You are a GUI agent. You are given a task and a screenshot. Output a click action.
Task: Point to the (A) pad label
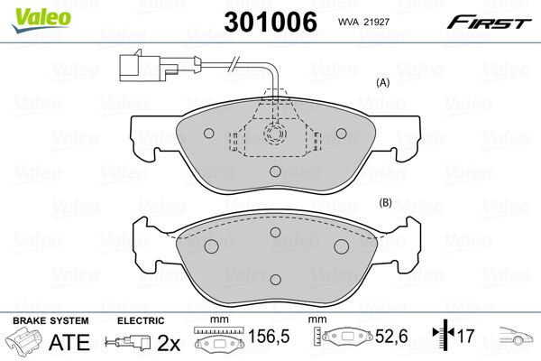coord(381,82)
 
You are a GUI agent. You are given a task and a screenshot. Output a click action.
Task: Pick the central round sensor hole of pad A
coord(274,134)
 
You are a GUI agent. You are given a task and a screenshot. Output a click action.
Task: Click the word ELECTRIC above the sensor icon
coord(141,321)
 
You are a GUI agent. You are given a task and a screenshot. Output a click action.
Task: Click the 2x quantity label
coord(168,343)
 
